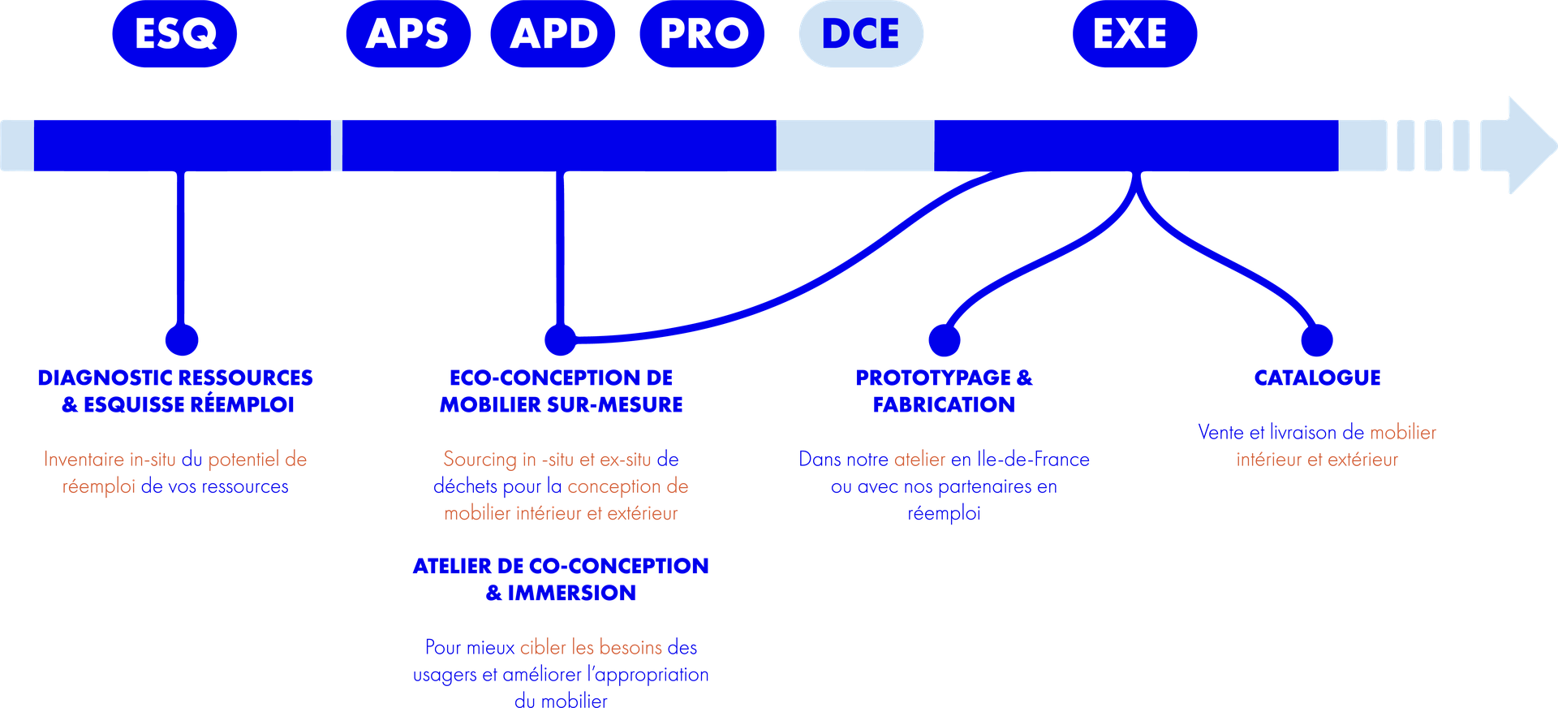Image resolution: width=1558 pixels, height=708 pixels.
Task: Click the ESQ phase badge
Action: [x=174, y=34]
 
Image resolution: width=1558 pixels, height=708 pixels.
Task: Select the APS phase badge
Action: [x=407, y=34]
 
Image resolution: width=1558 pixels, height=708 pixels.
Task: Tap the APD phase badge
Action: [x=553, y=34]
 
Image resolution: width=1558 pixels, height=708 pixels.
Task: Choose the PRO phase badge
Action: [x=703, y=34]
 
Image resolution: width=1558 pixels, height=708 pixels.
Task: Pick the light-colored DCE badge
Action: [x=861, y=34]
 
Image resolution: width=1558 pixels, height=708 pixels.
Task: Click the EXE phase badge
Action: [x=1134, y=34]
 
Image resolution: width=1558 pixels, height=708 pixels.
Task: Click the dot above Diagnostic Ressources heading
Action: [x=182, y=339]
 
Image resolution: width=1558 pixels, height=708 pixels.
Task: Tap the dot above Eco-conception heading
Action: [x=560, y=339]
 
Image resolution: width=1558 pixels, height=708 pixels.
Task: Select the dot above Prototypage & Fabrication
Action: [x=945, y=339]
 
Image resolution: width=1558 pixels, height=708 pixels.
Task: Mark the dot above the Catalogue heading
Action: [x=1317, y=339]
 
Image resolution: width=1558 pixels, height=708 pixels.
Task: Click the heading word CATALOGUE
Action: [x=1317, y=378]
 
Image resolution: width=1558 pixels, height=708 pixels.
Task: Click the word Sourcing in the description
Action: [x=480, y=460]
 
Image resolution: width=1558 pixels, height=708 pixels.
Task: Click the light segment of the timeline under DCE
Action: [x=854, y=145]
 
